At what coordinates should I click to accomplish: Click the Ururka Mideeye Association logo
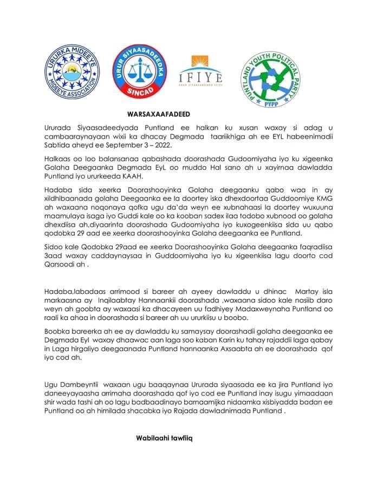tap(70, 75)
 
